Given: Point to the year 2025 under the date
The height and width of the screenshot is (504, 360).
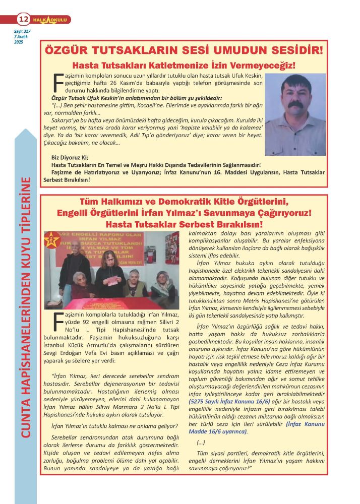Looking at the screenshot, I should (20, 41).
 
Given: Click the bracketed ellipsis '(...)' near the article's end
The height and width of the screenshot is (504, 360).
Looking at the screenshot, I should (200, 442).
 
